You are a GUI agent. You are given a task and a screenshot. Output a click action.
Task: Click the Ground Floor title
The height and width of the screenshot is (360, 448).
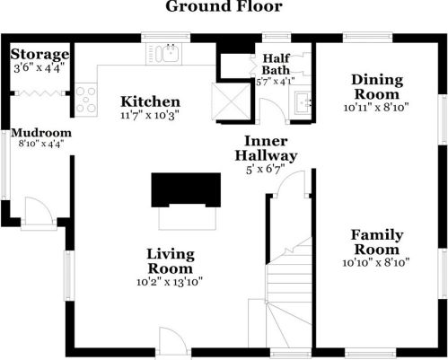[x=224, y=6]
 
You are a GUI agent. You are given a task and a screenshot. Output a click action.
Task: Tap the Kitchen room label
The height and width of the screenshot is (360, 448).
[x=150, y=101]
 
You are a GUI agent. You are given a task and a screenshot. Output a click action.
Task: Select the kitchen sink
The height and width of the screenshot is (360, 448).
[x=171, y=53]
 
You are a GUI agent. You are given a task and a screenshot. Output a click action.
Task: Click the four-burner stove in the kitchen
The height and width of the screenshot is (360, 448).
[x=86, y=100]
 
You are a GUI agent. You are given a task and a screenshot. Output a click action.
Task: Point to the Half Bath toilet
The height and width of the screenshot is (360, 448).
[x=303, y=64]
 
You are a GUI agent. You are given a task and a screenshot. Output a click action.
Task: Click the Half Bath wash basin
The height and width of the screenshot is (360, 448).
[x=303, y=103]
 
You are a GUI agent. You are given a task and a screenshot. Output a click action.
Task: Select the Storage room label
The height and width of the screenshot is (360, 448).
[x=40, y=54]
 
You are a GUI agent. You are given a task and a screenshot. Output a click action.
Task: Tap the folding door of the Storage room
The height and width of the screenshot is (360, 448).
[x=40, y=93]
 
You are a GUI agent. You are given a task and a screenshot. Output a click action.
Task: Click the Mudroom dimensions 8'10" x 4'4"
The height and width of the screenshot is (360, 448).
[x=41, y=144]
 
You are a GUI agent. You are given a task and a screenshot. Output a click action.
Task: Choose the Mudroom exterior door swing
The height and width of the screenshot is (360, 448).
[x=39, y=210]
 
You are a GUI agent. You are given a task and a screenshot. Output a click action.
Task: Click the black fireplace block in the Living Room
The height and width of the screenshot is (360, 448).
[x=186, y=189]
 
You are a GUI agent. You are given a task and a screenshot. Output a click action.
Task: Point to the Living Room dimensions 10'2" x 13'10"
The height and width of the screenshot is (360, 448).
[x=170, y=282]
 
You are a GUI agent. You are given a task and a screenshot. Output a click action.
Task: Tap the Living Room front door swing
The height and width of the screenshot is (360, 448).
[x=172, y=341]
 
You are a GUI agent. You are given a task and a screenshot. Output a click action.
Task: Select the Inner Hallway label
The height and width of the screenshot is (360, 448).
[x=266, y=148]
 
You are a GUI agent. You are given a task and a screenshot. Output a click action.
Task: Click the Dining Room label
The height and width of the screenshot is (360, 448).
[x=377, y=87]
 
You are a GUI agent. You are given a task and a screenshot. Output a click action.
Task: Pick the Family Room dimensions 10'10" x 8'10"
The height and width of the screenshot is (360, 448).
[x=376, y=263]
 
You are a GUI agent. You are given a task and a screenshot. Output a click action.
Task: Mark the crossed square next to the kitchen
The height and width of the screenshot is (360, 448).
[x=231, y=101]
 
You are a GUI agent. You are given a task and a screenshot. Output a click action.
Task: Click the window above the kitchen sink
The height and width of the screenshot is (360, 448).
[x=165, y=38]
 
